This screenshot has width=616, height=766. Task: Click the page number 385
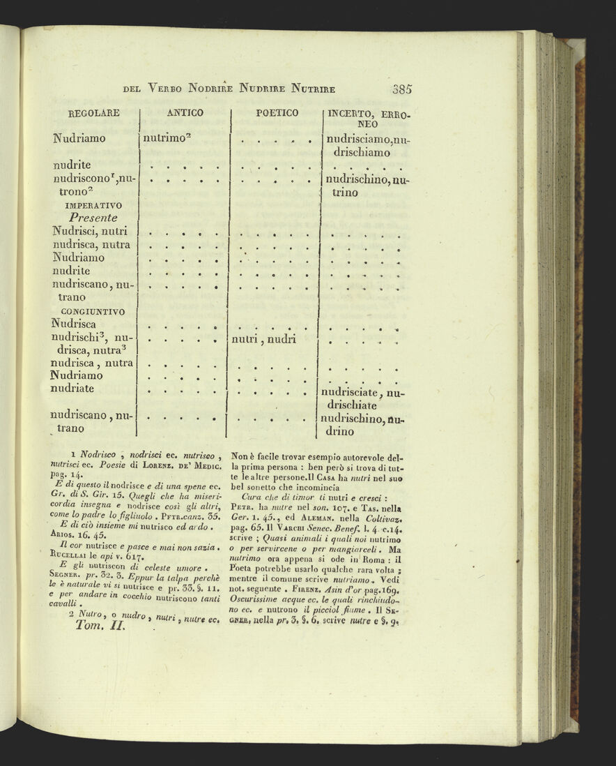[402, 89]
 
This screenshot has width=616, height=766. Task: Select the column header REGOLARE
[94, 113]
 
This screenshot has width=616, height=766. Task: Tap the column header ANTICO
[185, 113]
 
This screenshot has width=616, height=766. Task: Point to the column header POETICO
[277, 113]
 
